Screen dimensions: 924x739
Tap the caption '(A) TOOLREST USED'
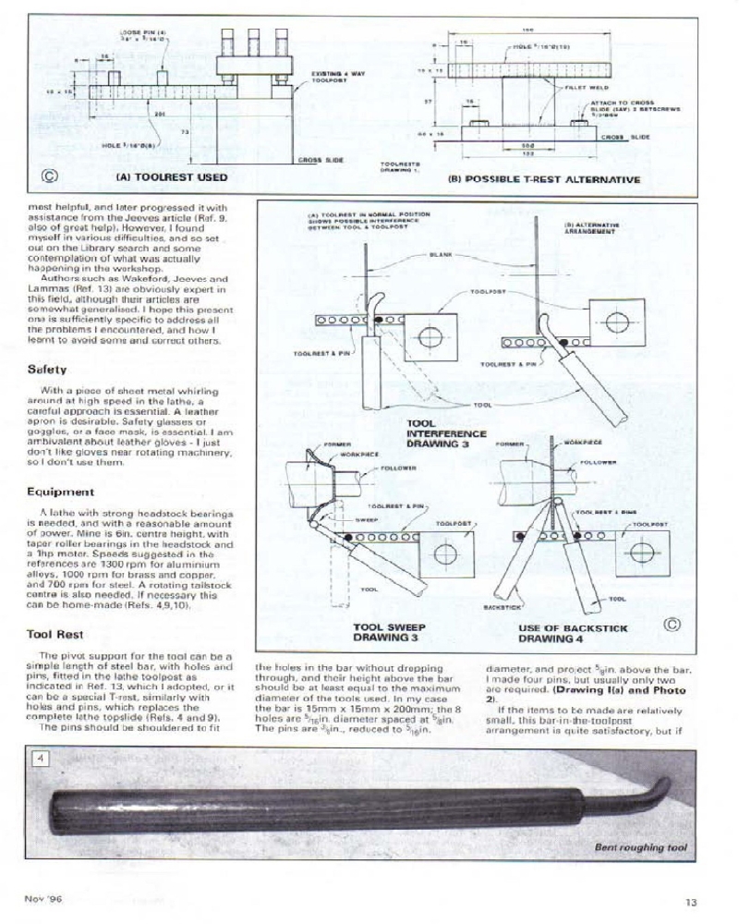(170, 176)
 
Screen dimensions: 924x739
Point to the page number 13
(691, 902)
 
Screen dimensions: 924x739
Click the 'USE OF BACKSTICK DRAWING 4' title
(572, 633)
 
